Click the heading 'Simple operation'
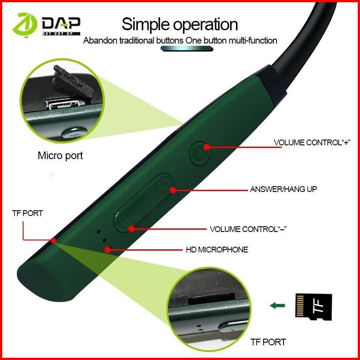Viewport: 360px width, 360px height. [x=180, y=24]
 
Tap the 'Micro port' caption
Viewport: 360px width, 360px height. [x=60, y=156]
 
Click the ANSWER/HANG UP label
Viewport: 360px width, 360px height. [x=284, y=189]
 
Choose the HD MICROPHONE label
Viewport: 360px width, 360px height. [x=216, y=249]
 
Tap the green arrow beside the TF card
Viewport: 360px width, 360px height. [x=277, y=305]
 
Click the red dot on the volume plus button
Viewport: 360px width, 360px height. [x=206, y=147]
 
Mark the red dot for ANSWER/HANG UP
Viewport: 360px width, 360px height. [x=173, y=190]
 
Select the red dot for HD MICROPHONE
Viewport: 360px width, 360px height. [x=108, y=249]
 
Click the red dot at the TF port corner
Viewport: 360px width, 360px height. [x=53, y=240]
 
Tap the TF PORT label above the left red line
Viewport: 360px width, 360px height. [x=28, y=213]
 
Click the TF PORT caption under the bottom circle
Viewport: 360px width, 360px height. [x=268, y=342]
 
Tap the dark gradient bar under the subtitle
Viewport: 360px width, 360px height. [x=180, y=50]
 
